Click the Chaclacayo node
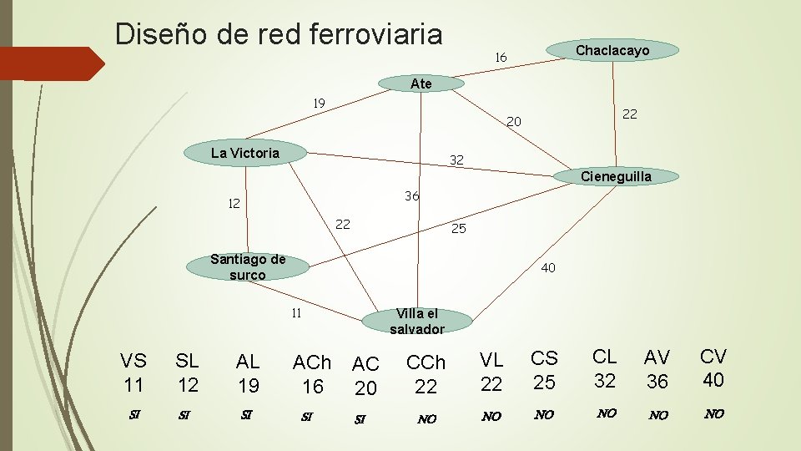coord(612,51)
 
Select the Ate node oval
coord(421,84)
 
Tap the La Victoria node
coord(245,153)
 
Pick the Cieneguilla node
coord(616,176)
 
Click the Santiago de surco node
coord(248,267)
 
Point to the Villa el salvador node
coord(416,321)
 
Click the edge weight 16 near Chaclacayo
coord(501,58)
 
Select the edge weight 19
coord(319,104)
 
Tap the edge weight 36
coord(411,196)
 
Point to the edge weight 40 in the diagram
coord(548,268)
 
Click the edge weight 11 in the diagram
coord(295,314)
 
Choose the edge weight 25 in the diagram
coord(458,228)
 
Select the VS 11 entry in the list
coord(133,372)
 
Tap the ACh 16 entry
coord(312,374)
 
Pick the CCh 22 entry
coord(426,374)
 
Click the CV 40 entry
coord(713,368)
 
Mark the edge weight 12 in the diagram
coord(236,203)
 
